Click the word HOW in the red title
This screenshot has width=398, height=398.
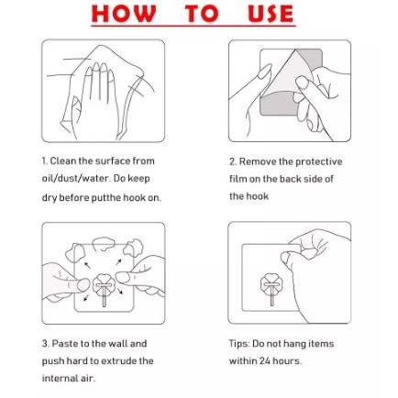click(124, 14)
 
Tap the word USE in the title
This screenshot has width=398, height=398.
click(271, 14)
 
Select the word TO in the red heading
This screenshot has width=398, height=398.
click(202, 14)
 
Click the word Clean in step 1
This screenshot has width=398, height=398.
click(63, 160)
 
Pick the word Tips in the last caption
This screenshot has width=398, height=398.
click(239, 344)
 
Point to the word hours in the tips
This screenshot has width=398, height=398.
click(287, 361)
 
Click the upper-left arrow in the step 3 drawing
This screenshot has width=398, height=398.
click(87, 265)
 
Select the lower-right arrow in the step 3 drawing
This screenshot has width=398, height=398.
click(120, 291)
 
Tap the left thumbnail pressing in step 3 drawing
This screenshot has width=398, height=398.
click(83, 284)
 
